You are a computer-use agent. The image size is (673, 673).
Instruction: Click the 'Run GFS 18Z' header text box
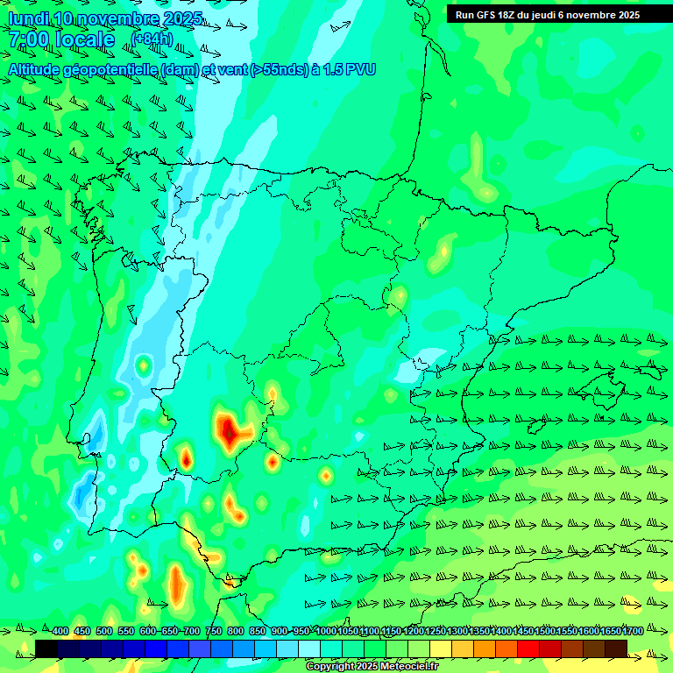point(548,15)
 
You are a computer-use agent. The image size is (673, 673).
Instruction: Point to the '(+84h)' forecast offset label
point(152,39)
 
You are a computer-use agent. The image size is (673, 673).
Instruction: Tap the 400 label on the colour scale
point(60,631)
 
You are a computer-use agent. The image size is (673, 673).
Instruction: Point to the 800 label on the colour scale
point(236,631)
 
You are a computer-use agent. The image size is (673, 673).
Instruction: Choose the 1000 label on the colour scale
point(325,631)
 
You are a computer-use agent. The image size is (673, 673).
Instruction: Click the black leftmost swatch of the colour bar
point(46,648)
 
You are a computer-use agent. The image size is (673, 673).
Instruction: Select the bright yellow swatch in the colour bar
point(441,648)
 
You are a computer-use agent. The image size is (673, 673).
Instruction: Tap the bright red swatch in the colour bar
point(528,648)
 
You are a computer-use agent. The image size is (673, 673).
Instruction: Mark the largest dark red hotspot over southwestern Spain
point(230,429)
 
